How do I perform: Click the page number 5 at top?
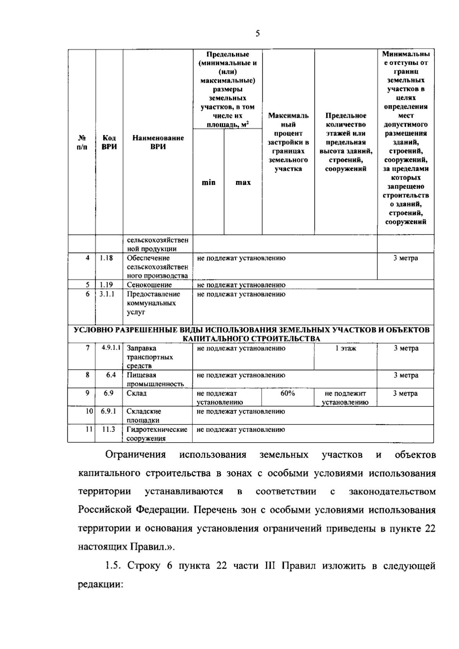tap(257, 34)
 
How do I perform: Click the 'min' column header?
tap(208, 182)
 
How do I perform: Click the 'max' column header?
tap(243, 182)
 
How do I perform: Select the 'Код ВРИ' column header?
tap(109, 142)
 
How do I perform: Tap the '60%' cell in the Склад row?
tap(287, 393)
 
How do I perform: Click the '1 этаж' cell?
tap(346, 348)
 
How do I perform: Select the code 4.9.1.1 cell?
tap(111, 348)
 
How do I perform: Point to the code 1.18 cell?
tap(106, 258)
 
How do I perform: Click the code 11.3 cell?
tap(109, 429)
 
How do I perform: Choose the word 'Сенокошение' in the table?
tap(149, 285)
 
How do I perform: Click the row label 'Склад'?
tap(137, 393)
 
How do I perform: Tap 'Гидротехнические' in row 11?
tap(157, 430)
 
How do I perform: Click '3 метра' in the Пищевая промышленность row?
tap(406, 375)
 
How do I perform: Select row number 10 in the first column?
tap(89, 411)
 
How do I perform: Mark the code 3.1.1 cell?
tap(107, 294)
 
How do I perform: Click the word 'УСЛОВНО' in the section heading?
tap(91, 330)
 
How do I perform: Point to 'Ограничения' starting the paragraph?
tap(135, 454)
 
